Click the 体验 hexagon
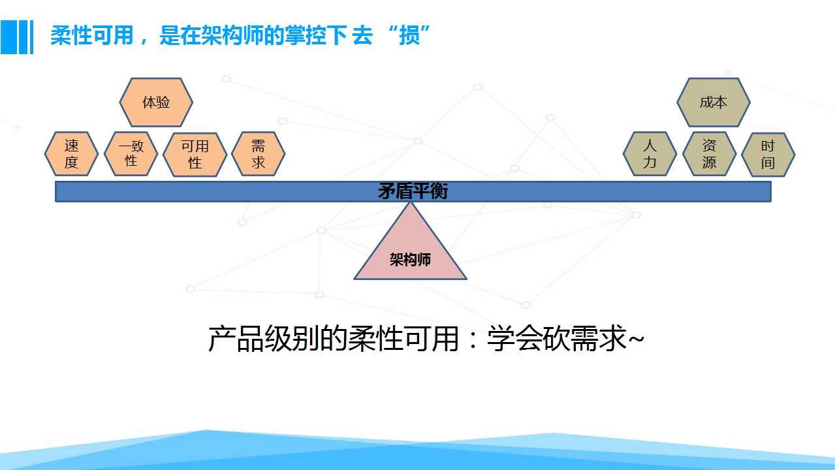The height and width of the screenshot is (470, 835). pos(156,102)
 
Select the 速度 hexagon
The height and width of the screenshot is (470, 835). pos(71,153)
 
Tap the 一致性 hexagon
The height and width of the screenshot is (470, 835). pos(131,153)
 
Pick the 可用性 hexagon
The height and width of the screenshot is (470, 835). pos(195,154)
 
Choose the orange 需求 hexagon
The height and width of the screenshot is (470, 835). pos(259,153)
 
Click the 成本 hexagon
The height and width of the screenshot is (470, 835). pos(714,102)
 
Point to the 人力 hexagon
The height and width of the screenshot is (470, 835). pos(650,153)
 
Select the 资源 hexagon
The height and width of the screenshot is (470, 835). pos(710,153)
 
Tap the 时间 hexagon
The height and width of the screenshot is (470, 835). pos(768,154)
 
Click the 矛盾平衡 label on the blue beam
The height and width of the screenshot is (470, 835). pos(413,191)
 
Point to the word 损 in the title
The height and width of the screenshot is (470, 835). pos(409,36)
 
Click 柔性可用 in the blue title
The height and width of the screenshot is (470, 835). pos(91,36)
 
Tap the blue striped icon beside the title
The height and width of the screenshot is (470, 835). pos(17,37)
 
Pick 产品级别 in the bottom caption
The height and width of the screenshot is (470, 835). pos(264,338)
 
